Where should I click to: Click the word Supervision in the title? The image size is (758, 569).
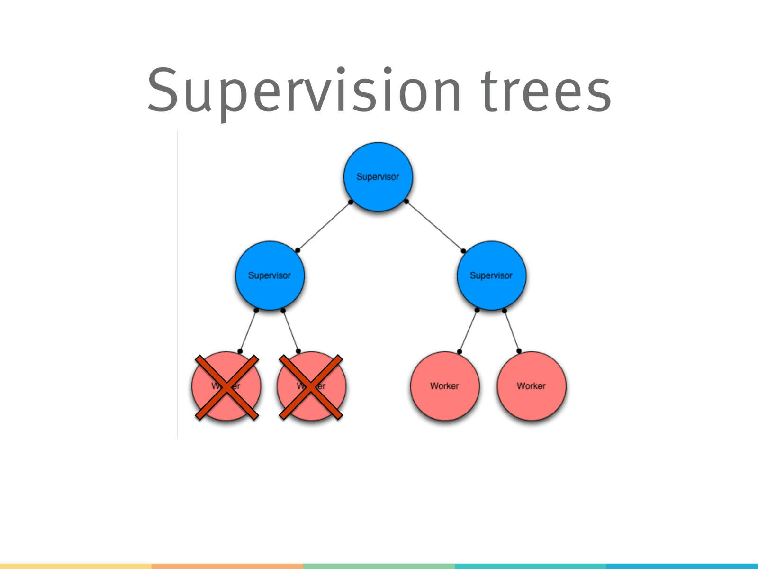click(x=303, y=91)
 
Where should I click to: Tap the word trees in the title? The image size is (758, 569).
click(x=546, y=91)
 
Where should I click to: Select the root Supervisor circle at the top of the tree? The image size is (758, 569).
click(x=378, y=177)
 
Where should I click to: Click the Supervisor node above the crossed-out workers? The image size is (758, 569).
click(x=270, y=275)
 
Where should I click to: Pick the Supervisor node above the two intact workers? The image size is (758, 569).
click(x=491, y=275)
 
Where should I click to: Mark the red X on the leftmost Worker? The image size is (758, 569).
click(x=226, y=387)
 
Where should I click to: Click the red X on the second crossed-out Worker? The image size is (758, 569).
click(x=311, y=387)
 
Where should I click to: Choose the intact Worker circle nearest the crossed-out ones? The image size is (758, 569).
click(x=444, y=386)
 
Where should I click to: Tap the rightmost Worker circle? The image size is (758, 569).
click(x=531, y=386)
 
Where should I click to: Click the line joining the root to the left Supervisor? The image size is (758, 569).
click(x=324, y=226)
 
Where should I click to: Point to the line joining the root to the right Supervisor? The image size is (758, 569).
click(x=435, y=226)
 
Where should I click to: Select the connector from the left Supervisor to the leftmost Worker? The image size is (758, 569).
click(x=248, y=331)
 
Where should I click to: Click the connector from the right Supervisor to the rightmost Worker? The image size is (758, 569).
click(x=512, y=331)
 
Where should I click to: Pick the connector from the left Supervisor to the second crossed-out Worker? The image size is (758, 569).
click(x=290, y=331)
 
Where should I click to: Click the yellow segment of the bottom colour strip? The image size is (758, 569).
click(x=76, y=566)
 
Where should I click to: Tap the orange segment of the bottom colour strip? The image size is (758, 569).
click(x=227, y=566)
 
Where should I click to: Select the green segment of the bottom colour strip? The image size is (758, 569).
click(x=379, y=566)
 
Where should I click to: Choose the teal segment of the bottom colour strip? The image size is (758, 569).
click(x=531, y=566)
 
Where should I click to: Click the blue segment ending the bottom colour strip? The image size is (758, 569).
click(x=682, y=566)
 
